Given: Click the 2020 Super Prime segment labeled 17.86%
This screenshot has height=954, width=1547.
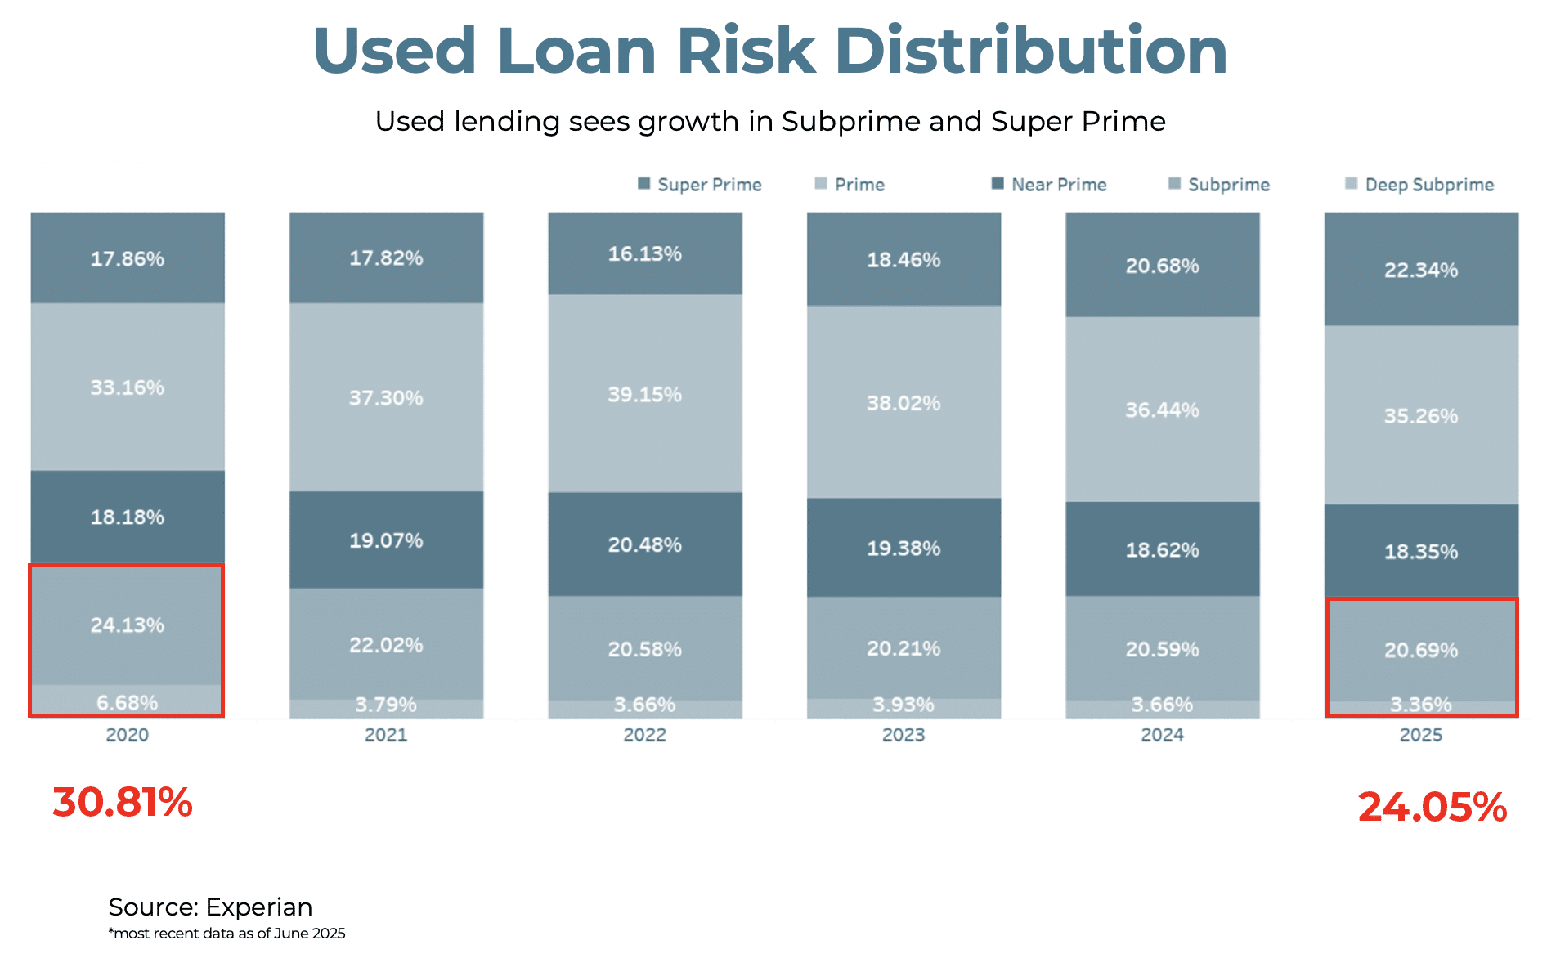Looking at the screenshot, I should tap(128, 258).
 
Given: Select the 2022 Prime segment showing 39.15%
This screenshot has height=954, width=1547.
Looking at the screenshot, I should tap(644, 394).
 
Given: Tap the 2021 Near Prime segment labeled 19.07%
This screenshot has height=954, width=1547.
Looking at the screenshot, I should tap(386, 540).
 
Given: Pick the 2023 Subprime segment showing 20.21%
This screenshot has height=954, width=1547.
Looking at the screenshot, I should tap(904, 648).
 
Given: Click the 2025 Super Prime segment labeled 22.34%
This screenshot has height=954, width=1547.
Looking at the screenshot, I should tap(1421, 270).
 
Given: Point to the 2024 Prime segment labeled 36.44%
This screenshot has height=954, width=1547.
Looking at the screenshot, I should tap(1162, 410).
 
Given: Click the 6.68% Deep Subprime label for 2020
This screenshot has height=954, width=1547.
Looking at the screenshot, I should tap(128, 702).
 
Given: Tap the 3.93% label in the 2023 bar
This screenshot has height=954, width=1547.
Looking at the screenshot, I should tap(904, 705).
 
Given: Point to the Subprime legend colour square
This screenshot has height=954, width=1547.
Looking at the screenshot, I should tap(1175, 183).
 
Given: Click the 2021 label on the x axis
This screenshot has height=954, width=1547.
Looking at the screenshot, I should tap(386, 735).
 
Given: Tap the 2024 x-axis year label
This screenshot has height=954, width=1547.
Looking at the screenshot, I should tap(1162, 735).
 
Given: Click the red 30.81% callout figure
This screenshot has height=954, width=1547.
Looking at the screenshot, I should tap(123, 802).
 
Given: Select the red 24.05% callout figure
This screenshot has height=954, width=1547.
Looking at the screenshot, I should tap(1433, 807).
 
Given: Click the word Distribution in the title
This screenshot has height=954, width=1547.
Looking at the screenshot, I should tap(1030, 51).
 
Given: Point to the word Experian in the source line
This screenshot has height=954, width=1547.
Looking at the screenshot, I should tap(258, 907).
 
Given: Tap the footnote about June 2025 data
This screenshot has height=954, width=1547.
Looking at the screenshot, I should tap(226, 934).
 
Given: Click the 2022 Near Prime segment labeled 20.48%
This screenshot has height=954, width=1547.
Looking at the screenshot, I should tap(644, 544).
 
